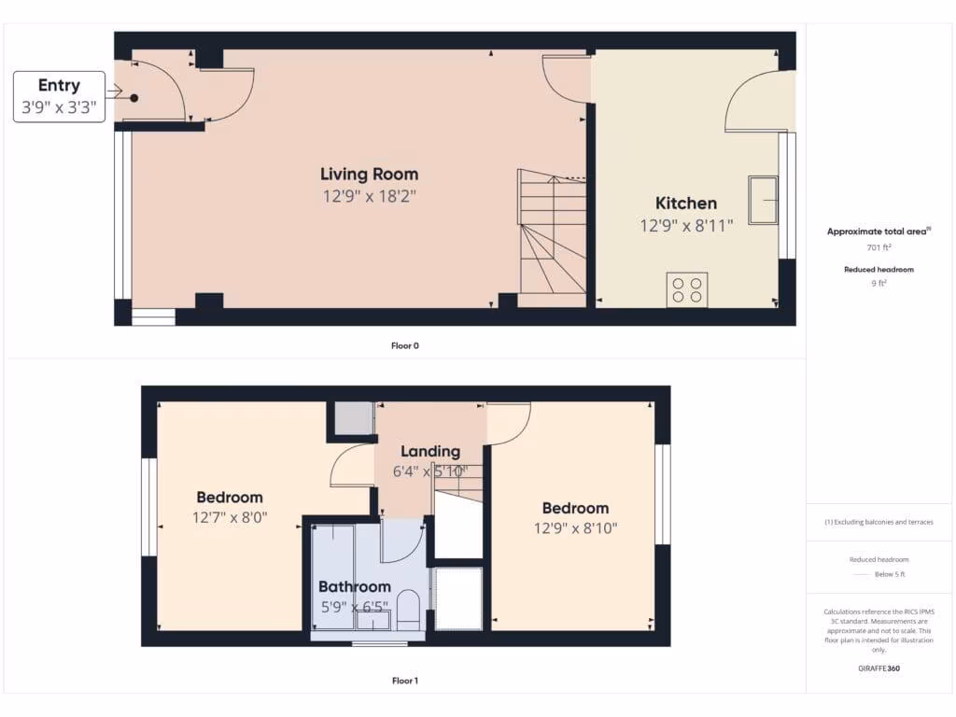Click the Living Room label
tap(369, 174)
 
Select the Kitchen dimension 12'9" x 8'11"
tap(686, 225)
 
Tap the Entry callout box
tap(59, 96)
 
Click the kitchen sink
tap(763, 200)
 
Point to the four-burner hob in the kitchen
tap(687, 288)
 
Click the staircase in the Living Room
tap(553, 238)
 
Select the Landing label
tap(430, 451)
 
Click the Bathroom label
tap(354, 587)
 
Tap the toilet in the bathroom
tap(408, 609)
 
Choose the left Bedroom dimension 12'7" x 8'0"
tap(230, 517)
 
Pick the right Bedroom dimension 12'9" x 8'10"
tap(575, 528)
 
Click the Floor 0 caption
tap(405, 345)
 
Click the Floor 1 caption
tap(405, 681)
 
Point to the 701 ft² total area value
tap(878, 247)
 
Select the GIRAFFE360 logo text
tap(879, 668)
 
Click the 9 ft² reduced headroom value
tap(878, 283)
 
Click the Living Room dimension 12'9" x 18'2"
tap(369, 196)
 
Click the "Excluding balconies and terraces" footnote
tap(879, 522)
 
